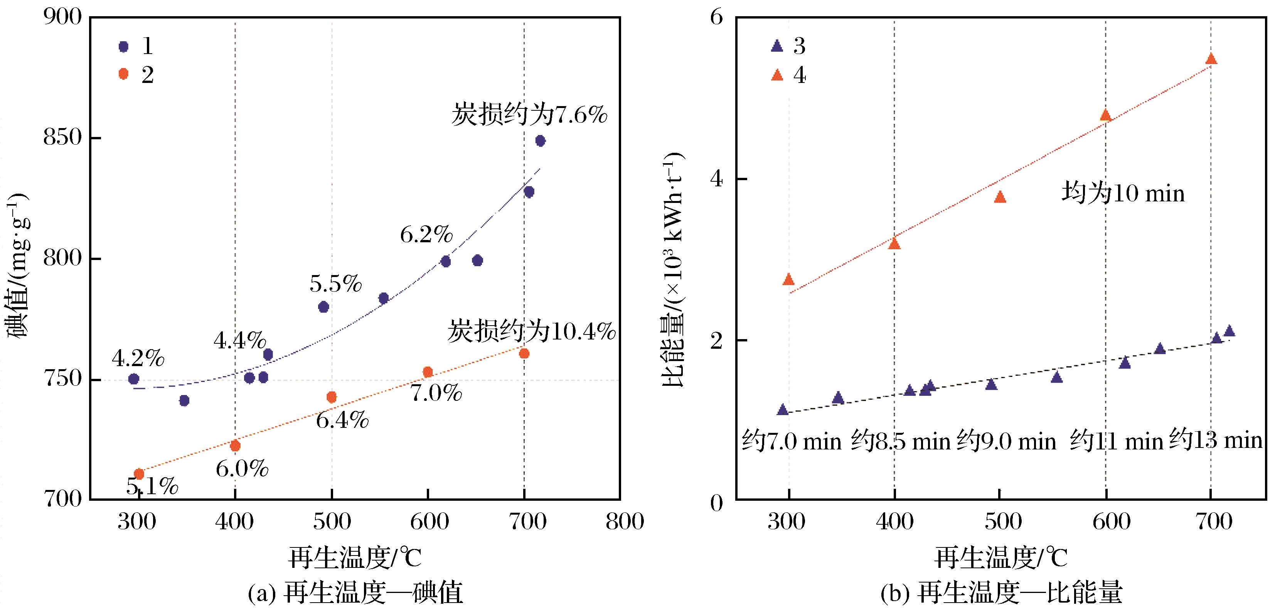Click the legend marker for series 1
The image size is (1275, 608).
123,47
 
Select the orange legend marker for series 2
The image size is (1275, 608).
123,74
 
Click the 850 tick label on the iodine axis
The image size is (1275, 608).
62,138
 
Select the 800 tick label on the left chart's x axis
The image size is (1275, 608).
624,521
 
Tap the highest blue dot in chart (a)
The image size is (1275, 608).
540,141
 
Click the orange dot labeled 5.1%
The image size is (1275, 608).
139,474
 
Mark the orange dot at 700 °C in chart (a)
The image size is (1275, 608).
524,353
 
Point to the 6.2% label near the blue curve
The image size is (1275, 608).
426,235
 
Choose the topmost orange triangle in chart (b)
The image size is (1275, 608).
1211,59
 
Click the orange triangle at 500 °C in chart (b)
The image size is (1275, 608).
1000,197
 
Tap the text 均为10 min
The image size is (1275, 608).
1123,193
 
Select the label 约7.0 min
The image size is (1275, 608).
791,441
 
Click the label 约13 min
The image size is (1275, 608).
1216,440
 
